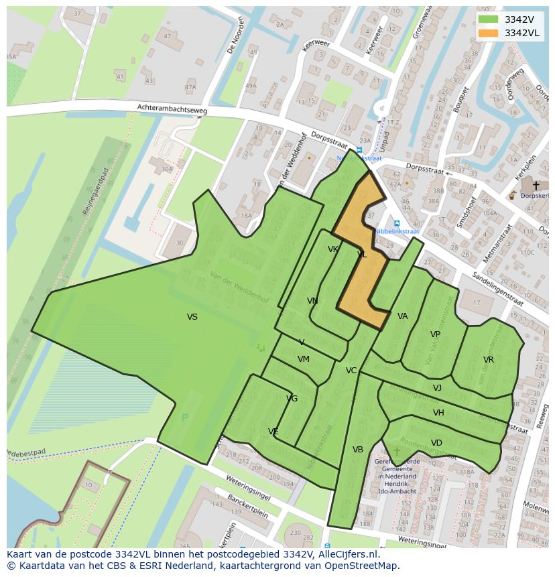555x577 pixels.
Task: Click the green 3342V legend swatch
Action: point(489,19)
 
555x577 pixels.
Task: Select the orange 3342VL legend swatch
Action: point(489,33)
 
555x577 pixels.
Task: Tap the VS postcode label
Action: point(192,317)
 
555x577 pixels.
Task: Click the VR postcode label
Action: point(489,360)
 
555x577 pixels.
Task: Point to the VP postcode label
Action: point(435,334)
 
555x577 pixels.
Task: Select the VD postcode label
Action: point(436,443)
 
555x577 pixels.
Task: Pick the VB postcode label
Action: point(358,450)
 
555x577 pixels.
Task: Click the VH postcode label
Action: point(438,413)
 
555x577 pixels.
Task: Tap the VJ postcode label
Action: point(437,388)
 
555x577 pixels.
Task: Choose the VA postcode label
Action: point(402,316)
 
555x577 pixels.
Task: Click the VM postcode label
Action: point(304,359)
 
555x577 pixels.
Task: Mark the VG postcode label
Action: point(292,399)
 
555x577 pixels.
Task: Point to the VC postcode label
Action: point(351,371)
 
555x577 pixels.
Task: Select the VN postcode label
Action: point(312,301)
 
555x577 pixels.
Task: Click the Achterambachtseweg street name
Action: point(172,109)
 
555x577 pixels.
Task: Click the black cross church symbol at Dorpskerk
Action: point(536,186)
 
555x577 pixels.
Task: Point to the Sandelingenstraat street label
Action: point(487,283)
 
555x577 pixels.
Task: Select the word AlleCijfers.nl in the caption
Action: point(347,555)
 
